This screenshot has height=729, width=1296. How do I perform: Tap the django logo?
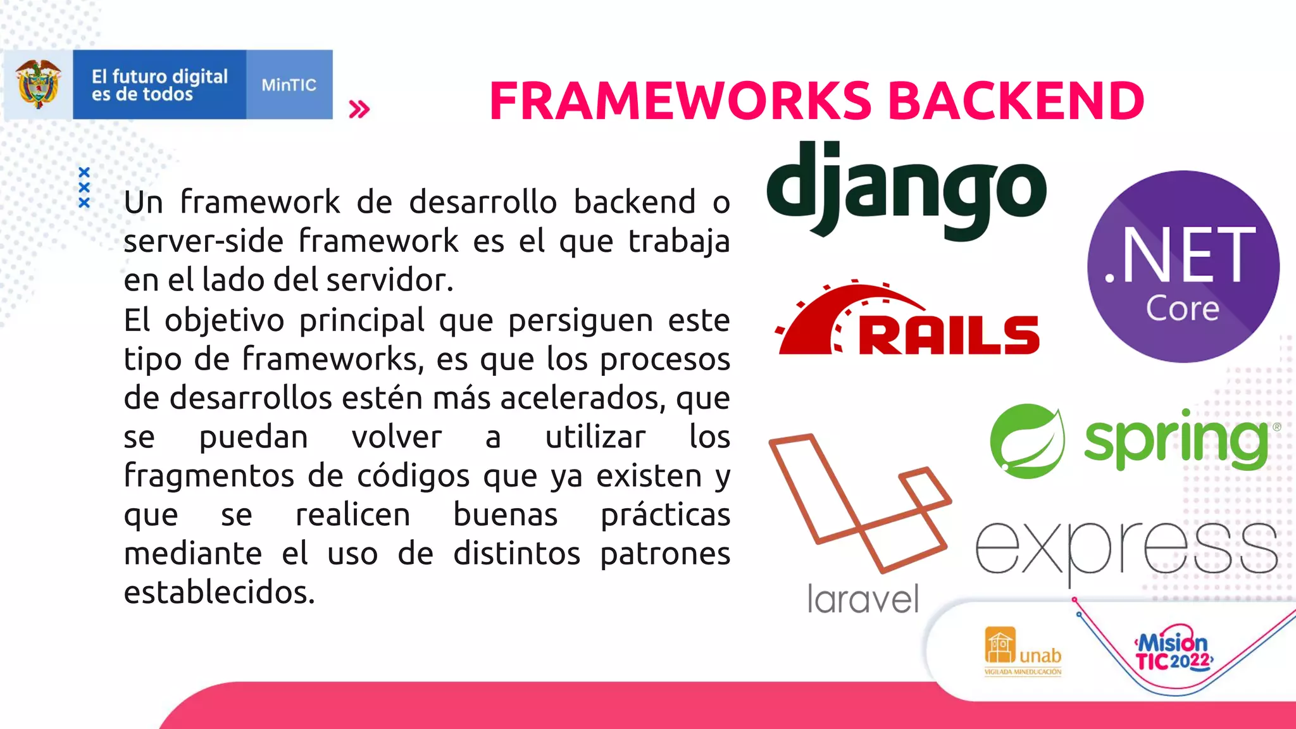coord(906,190)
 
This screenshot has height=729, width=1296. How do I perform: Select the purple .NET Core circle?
coord(1183,266)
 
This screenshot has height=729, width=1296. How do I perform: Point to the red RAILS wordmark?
coord(948,335)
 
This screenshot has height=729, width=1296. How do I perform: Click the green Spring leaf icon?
coord(1027,441)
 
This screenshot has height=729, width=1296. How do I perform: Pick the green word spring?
coord(1176,441)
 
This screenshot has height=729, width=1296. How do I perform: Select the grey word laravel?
coord(863,599)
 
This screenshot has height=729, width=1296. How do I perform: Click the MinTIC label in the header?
coord(289,85)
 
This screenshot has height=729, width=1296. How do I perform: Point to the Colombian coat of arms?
coord(39,85)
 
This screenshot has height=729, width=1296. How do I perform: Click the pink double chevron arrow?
coord(359,109)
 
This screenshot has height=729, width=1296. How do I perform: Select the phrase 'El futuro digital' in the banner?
coord(159,77)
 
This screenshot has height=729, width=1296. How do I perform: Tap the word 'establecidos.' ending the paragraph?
coord(219,592)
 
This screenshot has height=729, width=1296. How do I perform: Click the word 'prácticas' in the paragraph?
coord(665,515)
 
